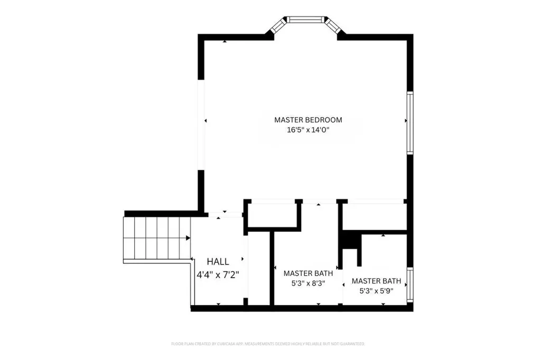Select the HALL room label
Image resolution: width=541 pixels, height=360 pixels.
[x=218, y=261]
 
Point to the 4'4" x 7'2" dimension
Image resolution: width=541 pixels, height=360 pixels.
[x=218, y=274]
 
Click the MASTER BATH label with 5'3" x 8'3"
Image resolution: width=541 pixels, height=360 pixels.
[x=308, y=273]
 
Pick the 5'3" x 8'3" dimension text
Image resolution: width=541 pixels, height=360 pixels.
[x=308, y=283]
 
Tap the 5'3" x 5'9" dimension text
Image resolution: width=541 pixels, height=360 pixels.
[x=376, y=290]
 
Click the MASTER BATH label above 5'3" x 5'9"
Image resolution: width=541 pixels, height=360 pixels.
[x=376, y=281]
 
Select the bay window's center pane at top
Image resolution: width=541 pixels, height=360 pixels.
[x=306, y=21]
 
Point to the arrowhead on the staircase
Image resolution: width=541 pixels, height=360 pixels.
[x=188, y=238]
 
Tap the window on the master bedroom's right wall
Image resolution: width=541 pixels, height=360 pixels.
[x=409, y=123]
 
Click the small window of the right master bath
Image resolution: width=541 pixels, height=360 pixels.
[x=409, y=285]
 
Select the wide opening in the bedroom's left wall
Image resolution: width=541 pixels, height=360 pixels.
[x=201, y=125]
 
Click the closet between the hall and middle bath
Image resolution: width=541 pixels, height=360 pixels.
[x=272, y=215]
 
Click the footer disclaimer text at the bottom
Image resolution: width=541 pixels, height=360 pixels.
[x=268, y=344]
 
